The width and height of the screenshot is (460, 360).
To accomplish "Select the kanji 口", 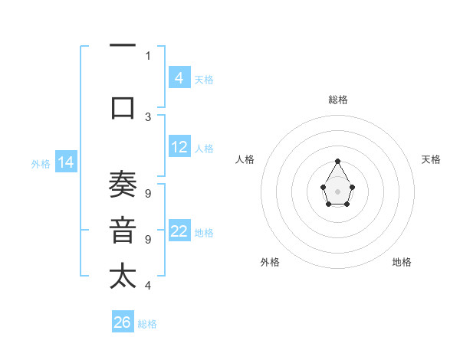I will [123, 107].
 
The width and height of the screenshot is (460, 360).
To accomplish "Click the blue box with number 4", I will [179, 77].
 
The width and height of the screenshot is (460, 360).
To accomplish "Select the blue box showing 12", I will [179, 147].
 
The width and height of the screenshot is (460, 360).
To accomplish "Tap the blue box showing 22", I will [179, 231].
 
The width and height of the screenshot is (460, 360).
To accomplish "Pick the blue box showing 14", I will [65, 162].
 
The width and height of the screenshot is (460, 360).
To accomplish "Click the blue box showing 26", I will [123, 322].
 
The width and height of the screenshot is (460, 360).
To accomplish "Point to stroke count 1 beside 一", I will [148, 55].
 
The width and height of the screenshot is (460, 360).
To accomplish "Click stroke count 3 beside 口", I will [148, 116].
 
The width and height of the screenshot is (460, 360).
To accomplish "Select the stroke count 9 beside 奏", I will [148, 193].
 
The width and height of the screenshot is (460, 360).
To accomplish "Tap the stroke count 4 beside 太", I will [148, 285].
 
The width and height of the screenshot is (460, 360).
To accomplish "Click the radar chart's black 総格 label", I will [338, 100].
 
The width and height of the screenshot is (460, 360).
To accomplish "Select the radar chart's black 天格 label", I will [431, 159].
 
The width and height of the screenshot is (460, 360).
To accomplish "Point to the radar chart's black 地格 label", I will [402, 262].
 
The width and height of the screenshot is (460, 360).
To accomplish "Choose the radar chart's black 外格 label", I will [270, 262].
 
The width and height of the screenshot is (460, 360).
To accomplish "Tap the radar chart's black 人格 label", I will [245, 159].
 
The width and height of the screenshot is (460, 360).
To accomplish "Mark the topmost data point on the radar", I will [338, 161].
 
